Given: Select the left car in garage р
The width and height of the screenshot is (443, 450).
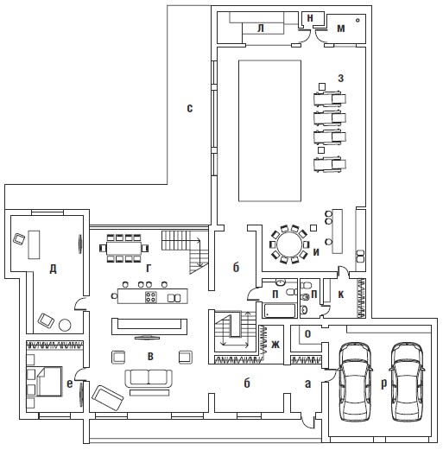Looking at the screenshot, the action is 355,382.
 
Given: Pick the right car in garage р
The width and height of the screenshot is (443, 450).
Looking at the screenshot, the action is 407,382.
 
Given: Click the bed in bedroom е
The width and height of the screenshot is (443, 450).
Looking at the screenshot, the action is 49,381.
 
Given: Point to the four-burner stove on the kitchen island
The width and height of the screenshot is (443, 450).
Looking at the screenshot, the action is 151,297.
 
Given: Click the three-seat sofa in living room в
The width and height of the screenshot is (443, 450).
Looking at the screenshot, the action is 149,378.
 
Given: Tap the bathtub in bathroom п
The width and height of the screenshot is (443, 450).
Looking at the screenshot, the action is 279,310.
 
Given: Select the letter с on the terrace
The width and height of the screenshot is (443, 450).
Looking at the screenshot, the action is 189,108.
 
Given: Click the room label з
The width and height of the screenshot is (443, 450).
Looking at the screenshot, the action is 341,78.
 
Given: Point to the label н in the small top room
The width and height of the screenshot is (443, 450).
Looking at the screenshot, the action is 310,18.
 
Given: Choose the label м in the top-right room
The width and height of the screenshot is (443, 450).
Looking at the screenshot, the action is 341,29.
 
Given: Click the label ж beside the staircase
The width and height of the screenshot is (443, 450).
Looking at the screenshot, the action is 275,344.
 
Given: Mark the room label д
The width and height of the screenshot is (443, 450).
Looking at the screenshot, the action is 53,269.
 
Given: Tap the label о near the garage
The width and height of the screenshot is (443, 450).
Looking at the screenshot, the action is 307,333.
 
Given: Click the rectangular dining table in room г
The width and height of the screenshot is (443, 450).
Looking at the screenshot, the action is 123,248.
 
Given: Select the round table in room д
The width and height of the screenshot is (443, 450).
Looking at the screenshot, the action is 65,325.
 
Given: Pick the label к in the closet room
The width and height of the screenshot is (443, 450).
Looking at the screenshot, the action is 341,295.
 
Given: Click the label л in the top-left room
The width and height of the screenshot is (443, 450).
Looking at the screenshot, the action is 261,29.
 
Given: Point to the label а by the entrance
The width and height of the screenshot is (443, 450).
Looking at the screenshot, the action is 307,383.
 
